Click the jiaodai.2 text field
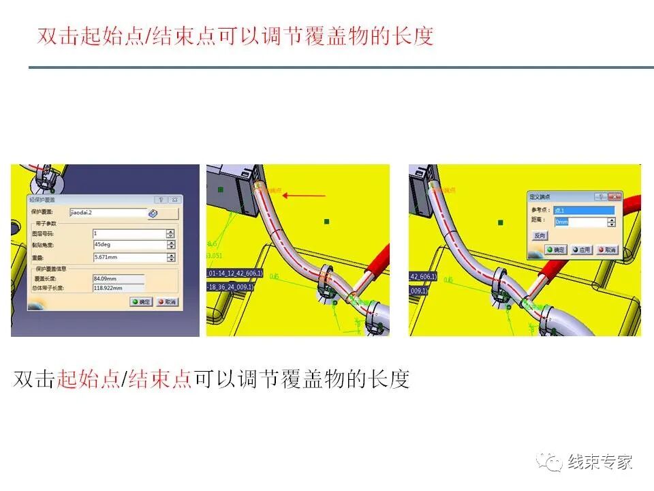click(x=108, y=213)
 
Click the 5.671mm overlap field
click(x=128, y=258)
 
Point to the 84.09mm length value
click(x=118, y=278)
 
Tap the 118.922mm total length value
click(x=118, y=288)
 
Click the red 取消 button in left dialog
click(x=167, y=301)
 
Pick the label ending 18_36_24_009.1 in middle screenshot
click(x=230, y=287)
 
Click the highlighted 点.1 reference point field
click(x=583, y=210)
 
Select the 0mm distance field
click(x=579, y=222)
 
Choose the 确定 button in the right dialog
click(x=555, y=250)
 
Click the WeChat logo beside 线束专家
click(x=550, y=462)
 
